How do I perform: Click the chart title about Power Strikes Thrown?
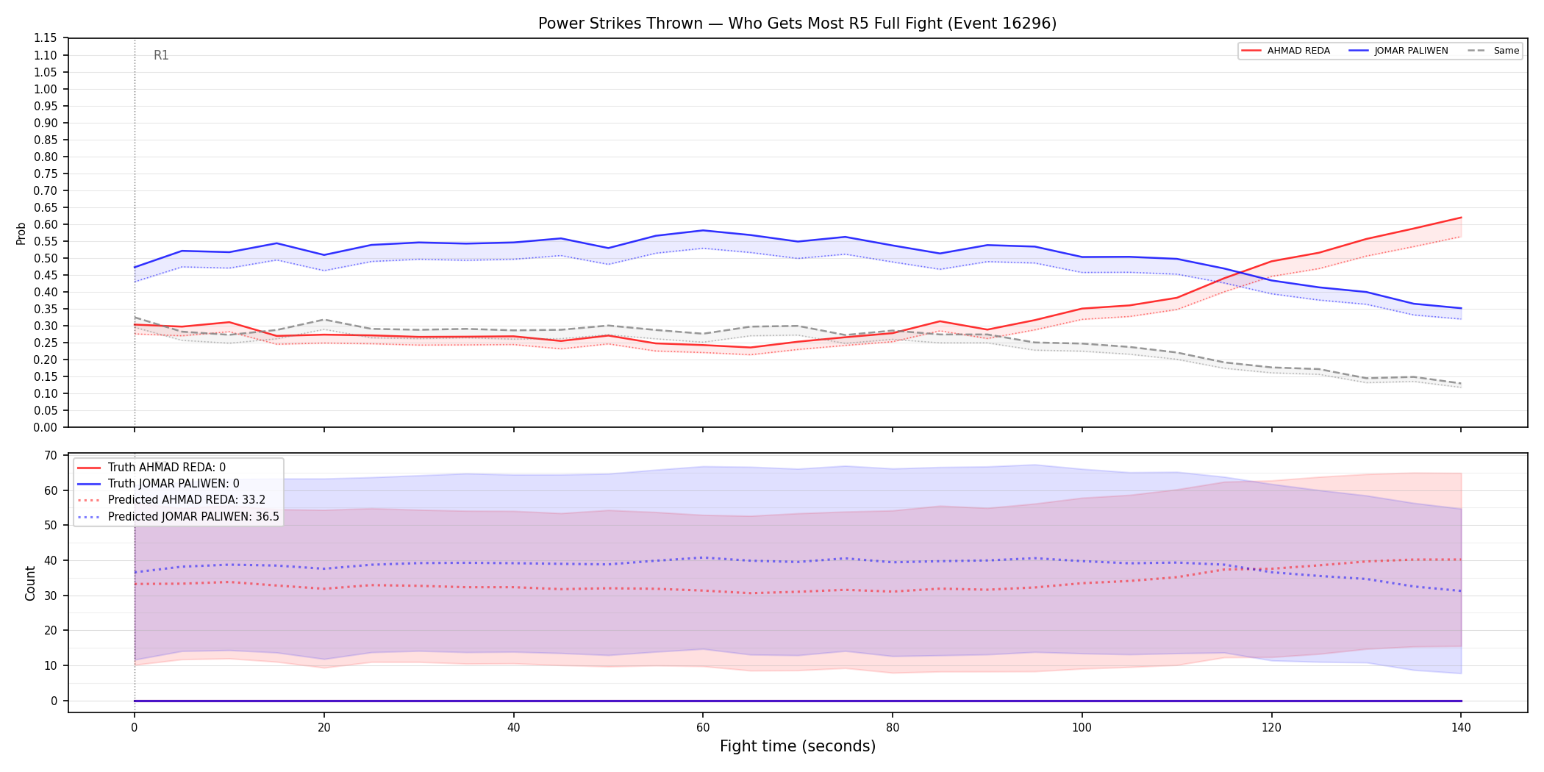(797, 24)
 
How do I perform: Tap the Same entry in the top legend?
(1493, 51)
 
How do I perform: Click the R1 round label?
(161, 55)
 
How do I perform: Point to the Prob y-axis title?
(21, 233)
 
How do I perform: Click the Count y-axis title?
(30, 583)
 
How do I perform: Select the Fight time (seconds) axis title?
(798, 746)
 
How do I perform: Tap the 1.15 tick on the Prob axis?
(46, 38)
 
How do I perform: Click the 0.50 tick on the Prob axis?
(46, 258)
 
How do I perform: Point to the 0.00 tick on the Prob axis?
(46, 427)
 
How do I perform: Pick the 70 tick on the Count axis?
(50, 455)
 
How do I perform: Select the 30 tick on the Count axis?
(50, 596)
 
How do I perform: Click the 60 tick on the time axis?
(703, 728)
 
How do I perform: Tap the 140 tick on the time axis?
(1461, 728)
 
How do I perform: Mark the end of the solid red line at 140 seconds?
(1461, 218)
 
